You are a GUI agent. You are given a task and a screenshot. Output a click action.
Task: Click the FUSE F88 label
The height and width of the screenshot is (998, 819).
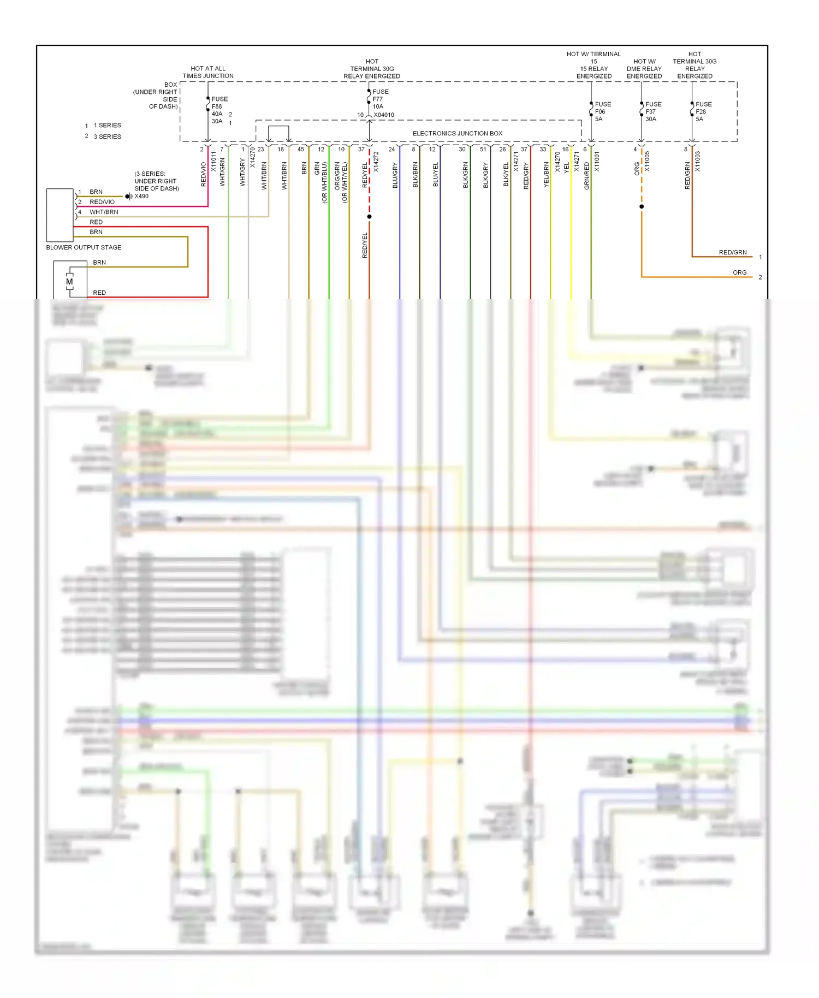pos(219,103)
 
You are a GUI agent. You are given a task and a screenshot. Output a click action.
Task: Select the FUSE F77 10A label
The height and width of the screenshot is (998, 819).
pos(380,99)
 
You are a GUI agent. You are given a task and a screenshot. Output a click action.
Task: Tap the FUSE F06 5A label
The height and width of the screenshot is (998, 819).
pos(602,111)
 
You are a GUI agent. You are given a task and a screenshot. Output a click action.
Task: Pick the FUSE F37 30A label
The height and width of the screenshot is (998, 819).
pos(652,111)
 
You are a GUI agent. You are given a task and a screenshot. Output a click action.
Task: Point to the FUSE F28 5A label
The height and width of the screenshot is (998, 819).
pos(703,111)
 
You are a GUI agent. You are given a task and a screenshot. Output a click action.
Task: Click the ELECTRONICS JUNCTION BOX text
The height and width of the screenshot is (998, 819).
pos(457,133)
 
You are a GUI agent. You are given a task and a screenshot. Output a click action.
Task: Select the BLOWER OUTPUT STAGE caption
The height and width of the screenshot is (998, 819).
pos(84,247)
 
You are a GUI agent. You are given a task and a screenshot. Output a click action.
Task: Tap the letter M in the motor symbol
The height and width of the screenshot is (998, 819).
pos(69,282)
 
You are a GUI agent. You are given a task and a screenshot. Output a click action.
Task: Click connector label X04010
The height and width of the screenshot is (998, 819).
pos(384,115)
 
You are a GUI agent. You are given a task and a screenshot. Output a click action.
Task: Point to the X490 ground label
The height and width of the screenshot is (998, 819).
pos(141,197)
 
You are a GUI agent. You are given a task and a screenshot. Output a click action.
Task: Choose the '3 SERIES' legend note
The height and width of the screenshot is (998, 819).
pos(107,136)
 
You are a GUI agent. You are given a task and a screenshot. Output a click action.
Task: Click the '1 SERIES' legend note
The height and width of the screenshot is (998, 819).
pos(107,126)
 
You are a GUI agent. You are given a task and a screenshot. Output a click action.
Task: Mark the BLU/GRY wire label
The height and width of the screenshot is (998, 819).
pos(395,175)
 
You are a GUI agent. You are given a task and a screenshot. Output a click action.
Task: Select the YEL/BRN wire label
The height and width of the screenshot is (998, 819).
pos(546,175)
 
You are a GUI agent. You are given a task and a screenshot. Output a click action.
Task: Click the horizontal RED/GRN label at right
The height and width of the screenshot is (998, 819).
pos(732,252)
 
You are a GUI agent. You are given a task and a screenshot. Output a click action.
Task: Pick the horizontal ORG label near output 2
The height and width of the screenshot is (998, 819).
pos(739,272)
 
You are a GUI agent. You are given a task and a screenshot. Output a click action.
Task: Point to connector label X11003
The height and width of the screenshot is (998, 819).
pos(697,162)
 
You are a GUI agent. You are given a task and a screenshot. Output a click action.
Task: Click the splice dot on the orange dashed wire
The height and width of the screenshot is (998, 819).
pos(642,206)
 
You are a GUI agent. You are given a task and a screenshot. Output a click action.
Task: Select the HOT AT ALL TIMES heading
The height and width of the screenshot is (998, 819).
pos(208,72)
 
